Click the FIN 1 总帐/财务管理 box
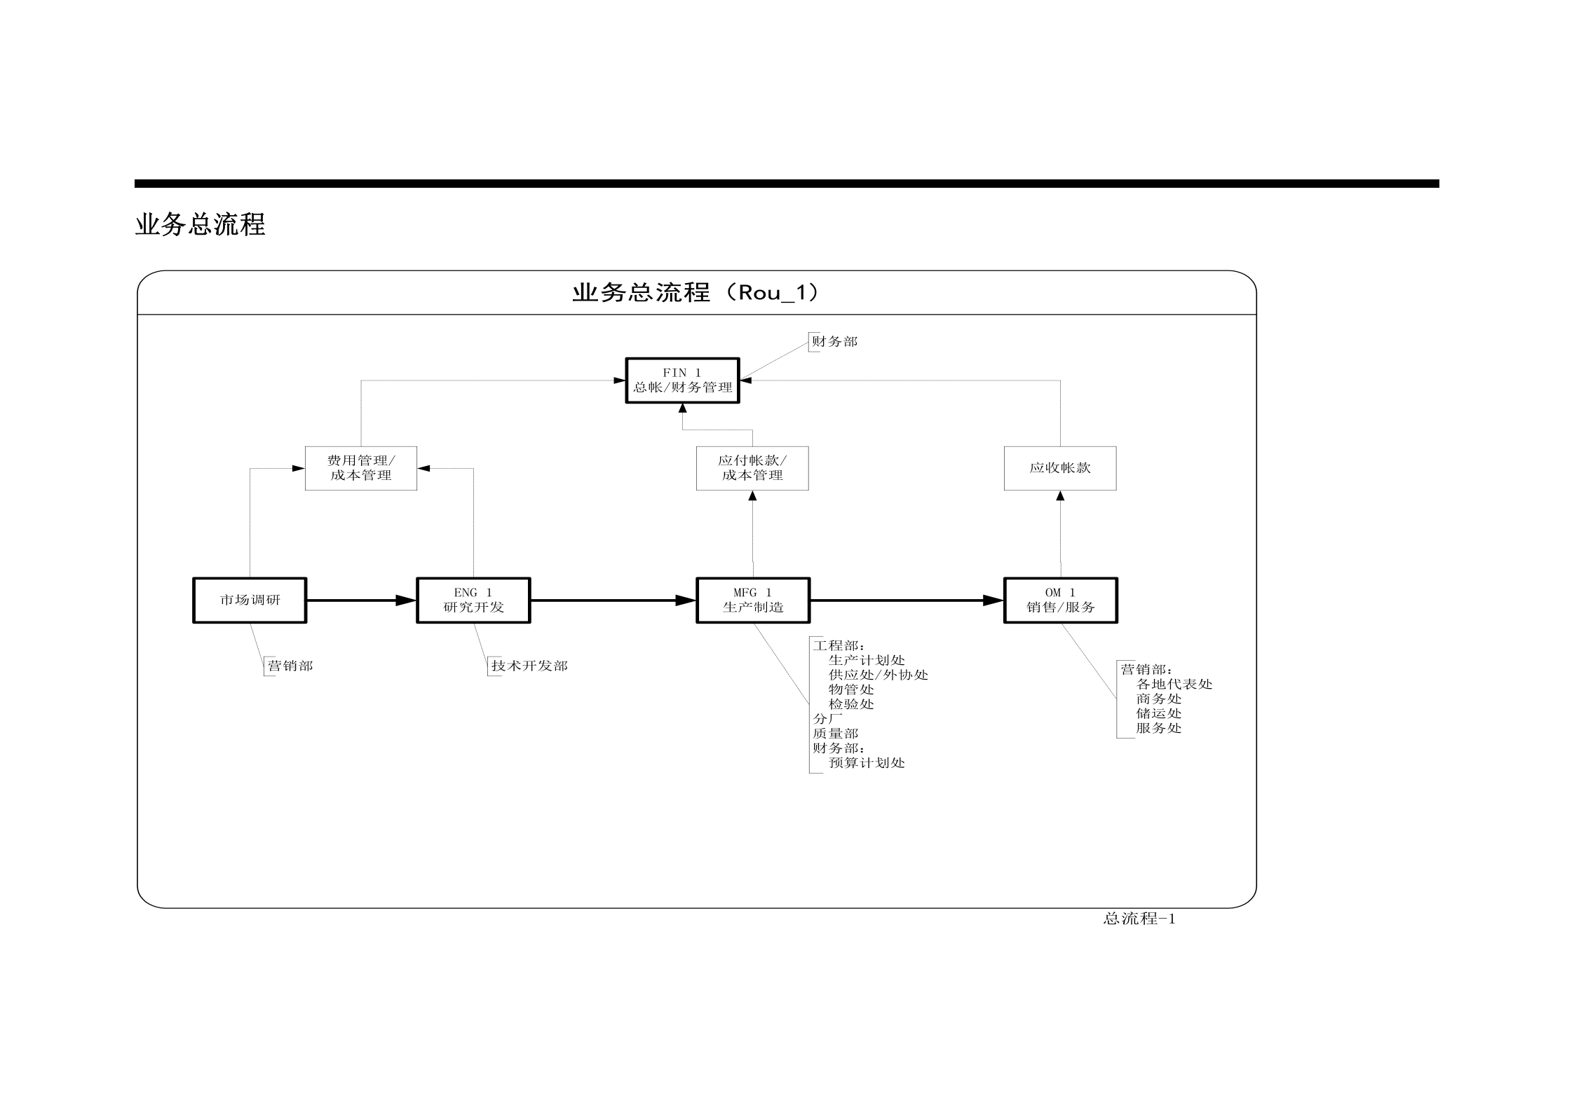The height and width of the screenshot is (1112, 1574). pos(682,380)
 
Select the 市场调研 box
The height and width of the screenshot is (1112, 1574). pos(250,600)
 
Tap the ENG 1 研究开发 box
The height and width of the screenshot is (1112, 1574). pos(473,600)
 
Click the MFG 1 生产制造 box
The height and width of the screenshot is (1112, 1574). pos(753,600)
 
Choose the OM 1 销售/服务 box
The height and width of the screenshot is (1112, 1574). pos(1060,600)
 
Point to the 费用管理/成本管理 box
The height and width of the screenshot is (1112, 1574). pos(361,468)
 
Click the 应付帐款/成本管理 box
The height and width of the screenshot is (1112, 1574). pos(752,468)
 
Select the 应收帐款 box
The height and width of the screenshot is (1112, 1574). pos(1060,468)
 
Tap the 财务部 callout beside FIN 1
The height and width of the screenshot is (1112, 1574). pos(834,342)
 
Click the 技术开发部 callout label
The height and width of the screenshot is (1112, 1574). pos(529,666)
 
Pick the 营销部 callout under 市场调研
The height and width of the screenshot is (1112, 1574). pos(290,666)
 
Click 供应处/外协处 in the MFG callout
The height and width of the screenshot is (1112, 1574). pos(878,675)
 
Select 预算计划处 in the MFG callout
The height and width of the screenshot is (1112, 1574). pos(867,763)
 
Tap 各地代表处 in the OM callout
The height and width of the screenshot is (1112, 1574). pos(1174,684)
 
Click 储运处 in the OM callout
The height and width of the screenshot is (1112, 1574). pos(1159,713)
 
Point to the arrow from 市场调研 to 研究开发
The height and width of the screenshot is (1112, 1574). pos(361,600)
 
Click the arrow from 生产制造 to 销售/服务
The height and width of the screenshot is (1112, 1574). pos(907,600)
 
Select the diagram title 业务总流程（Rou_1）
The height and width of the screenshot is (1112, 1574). pos(696,292)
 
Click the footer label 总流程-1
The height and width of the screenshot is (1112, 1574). pos(1139,919)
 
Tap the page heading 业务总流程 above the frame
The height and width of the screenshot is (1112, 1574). pos(201,225)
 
